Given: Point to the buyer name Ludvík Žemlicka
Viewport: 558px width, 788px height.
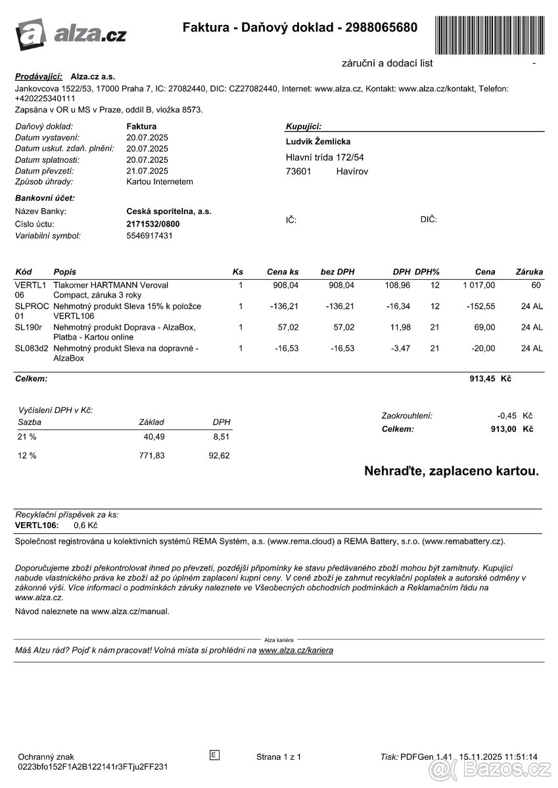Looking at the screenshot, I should (318, 142).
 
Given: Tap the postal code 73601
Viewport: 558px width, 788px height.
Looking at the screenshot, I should (298, 171).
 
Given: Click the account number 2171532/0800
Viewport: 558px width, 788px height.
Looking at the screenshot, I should (152, 224).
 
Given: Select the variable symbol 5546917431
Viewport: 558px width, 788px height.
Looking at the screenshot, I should (149, 235).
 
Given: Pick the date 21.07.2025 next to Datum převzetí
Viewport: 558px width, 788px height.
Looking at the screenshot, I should (147, 171).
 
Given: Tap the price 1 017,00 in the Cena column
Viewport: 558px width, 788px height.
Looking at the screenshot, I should (478, 285).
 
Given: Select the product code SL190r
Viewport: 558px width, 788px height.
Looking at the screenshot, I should (28, 327).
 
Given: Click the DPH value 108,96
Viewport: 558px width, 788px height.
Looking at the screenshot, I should (397, 285).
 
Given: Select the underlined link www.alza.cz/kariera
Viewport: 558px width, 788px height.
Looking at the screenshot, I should (296, 650).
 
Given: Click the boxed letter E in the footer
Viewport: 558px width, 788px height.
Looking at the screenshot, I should (214, 755).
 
